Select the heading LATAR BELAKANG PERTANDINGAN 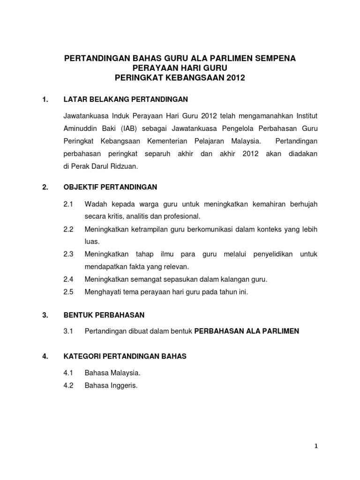(126, 99)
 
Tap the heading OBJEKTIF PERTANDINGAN (110, 187)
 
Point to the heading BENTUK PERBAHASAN (104, 315)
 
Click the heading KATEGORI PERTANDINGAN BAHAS (125, 356)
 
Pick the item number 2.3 (69, 254)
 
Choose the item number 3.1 (69, 331)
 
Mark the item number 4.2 (69, 386)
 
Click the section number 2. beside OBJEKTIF (45, 187)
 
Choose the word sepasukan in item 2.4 (171, 279)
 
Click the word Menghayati (104, 292)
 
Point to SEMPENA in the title (276, 58)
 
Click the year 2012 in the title (235, 78)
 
